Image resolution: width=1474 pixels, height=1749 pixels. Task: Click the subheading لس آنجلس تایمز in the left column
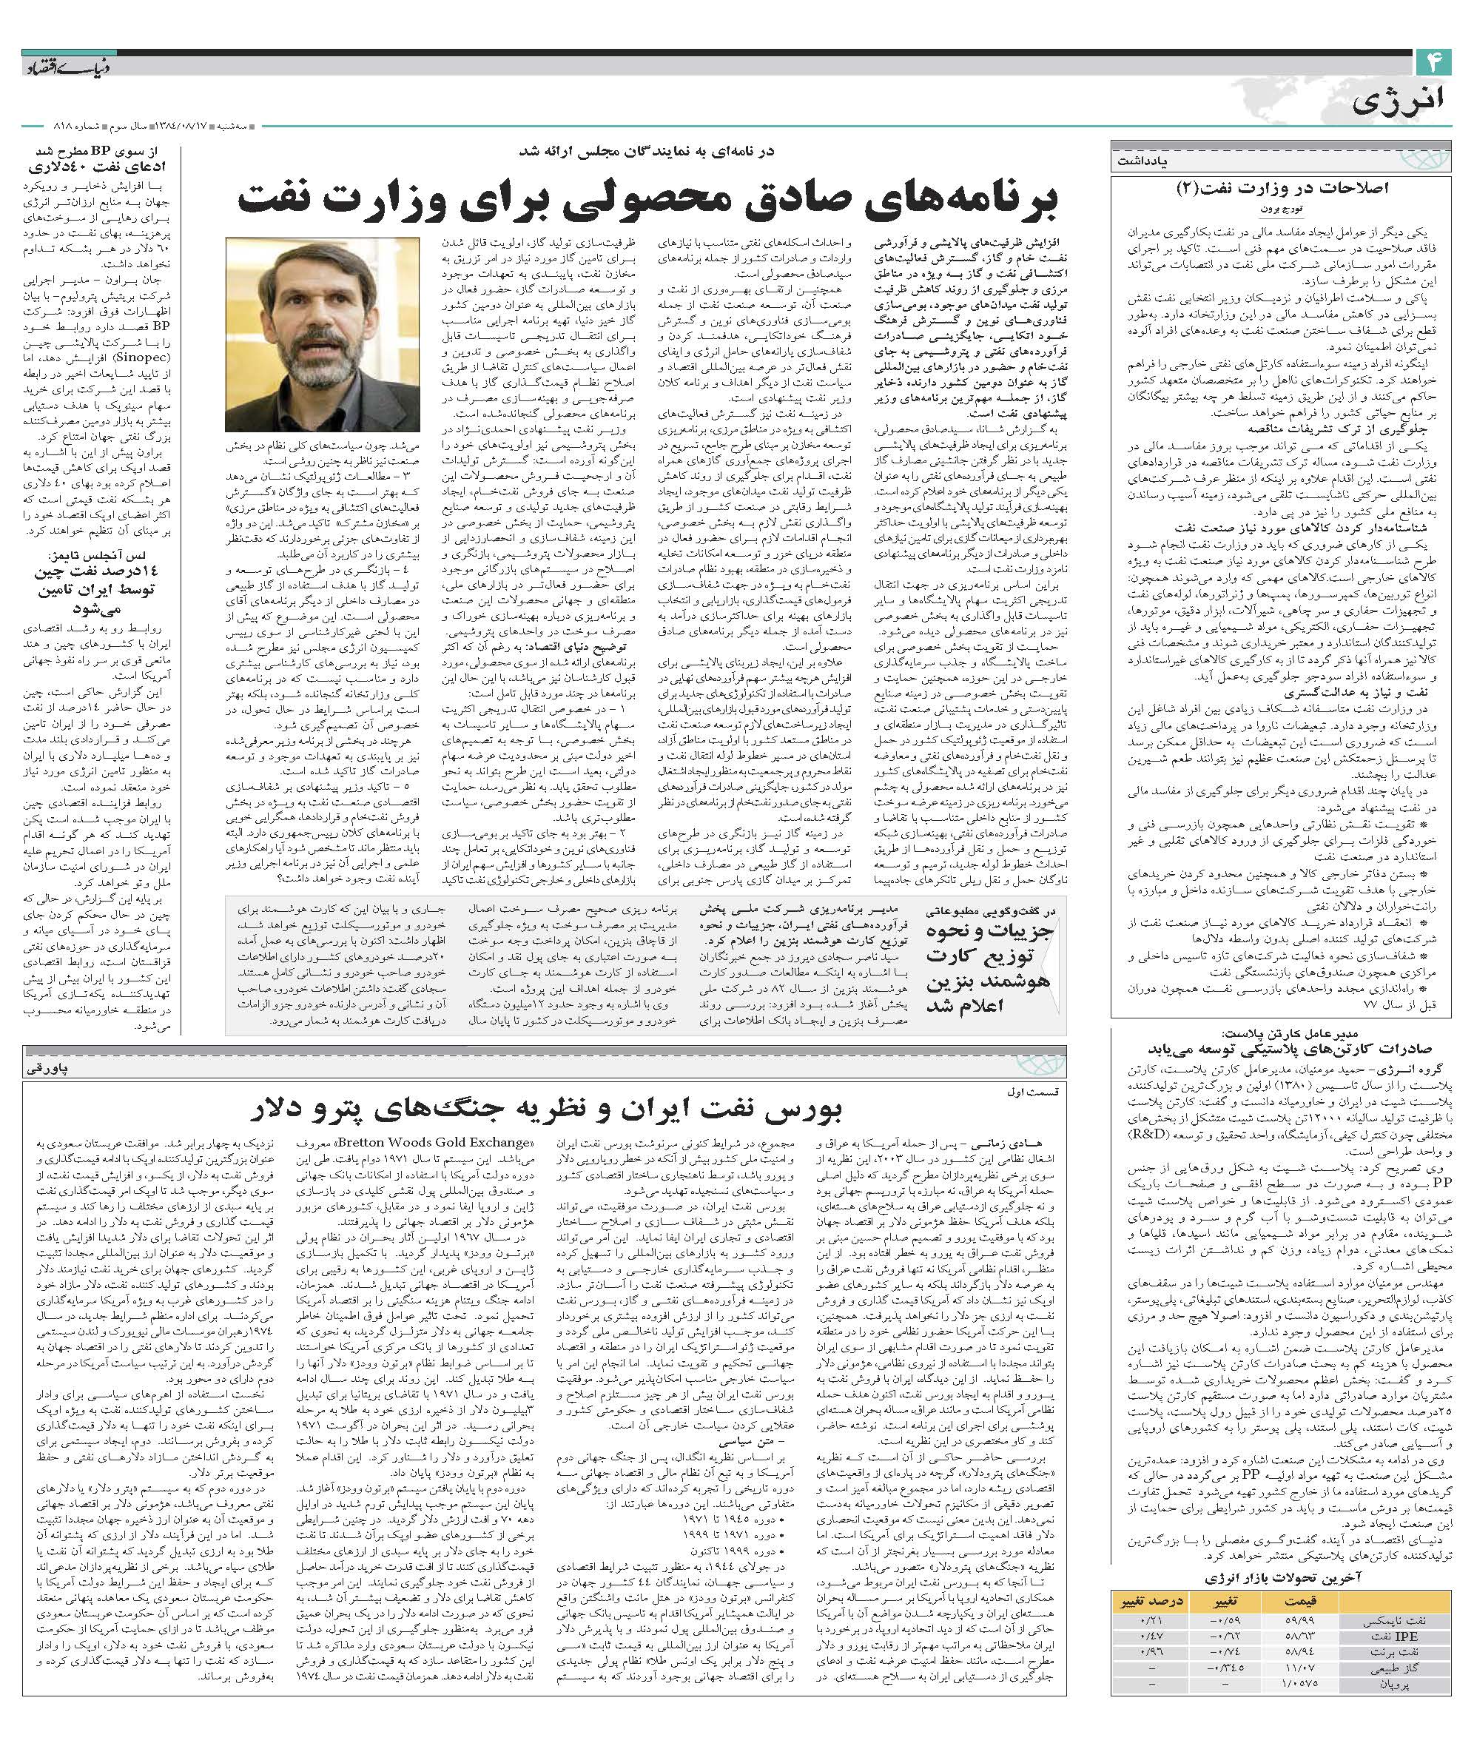pyautogui.click(x=97, y=555)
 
